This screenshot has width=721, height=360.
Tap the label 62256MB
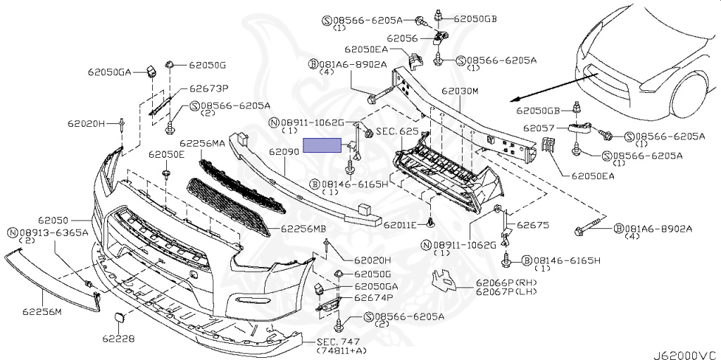click(303, 228)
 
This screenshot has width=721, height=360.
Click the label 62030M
click(460, 92)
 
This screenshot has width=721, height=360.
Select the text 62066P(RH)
click(507, 283)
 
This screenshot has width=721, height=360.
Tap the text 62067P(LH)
click(506, 292)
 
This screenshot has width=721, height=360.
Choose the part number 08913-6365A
click(54, 232)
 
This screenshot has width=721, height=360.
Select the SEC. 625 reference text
click(397, 132)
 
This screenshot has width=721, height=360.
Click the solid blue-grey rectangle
click(321, 145)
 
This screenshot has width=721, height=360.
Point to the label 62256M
click(42, 311)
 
